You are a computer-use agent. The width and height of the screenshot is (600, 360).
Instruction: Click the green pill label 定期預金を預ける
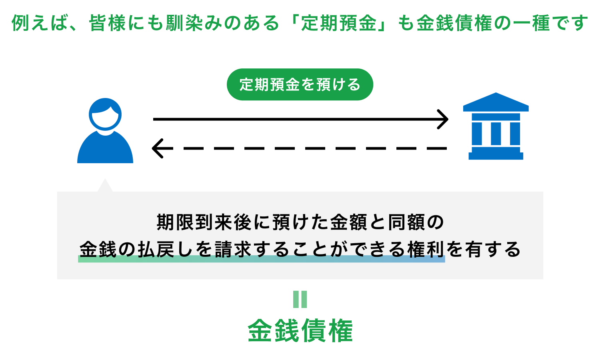300,84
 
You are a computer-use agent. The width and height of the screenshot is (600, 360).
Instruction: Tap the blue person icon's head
105,114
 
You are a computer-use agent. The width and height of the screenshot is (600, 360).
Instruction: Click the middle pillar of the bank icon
496,133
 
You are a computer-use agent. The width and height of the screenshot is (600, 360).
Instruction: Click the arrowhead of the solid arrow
444,119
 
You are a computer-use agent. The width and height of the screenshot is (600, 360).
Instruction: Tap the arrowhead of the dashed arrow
157,148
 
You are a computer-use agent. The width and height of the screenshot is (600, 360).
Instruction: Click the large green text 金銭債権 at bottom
300,331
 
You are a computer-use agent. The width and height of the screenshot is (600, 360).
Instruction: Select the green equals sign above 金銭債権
300,299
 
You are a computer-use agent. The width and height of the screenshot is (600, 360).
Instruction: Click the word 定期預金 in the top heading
338,23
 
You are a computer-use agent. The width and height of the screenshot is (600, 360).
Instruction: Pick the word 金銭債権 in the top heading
454,23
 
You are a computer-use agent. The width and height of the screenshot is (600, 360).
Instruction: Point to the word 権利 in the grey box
426,250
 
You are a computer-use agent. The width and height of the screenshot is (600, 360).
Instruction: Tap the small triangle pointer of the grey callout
105,186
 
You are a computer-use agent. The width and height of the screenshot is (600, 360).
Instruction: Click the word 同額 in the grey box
406,222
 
